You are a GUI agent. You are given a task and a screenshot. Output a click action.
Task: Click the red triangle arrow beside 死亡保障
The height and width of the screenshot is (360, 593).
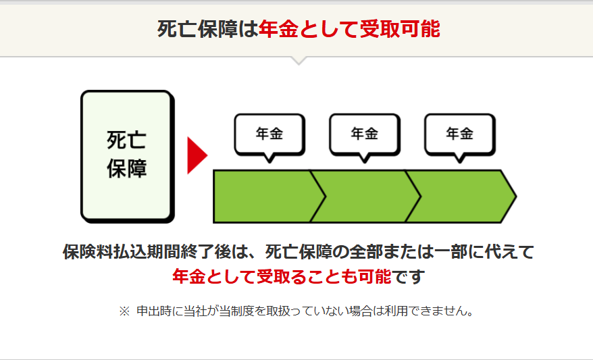tap(196, 156)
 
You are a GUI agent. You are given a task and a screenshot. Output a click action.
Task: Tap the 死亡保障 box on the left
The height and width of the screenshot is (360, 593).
tap(126, 156)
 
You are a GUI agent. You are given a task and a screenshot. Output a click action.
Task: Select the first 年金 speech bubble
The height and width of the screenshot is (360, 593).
tap(269, 134)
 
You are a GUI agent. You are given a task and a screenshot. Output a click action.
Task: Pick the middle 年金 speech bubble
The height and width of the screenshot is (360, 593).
tap(365, 134)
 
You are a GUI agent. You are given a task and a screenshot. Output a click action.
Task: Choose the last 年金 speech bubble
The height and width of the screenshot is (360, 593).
tap(460, 134)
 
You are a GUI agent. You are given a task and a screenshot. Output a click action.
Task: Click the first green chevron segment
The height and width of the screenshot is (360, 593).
tap(263, 197)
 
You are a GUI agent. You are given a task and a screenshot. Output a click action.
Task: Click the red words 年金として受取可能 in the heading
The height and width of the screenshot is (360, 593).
tap(349, 29)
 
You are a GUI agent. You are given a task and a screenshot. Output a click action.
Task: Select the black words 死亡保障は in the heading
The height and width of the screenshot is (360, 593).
tap(208, 29)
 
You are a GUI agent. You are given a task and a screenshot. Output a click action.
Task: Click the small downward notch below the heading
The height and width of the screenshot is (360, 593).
tap(298, 61)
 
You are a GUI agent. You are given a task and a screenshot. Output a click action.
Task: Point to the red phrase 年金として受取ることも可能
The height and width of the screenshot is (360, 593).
tap(282, 276)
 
